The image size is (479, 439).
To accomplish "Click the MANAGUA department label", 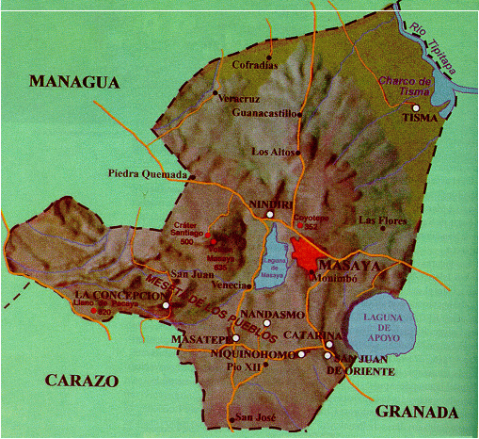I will (x=76, y=82).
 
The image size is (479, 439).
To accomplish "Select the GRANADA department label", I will (x=416, y=412).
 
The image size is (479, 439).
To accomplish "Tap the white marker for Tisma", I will (x=416, y=107).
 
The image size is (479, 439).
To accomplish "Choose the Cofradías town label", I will (x=256, y=65).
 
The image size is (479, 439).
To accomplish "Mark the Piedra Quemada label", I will (x=149, y=172).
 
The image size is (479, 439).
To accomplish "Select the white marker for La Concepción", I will (x=166, y=305).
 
